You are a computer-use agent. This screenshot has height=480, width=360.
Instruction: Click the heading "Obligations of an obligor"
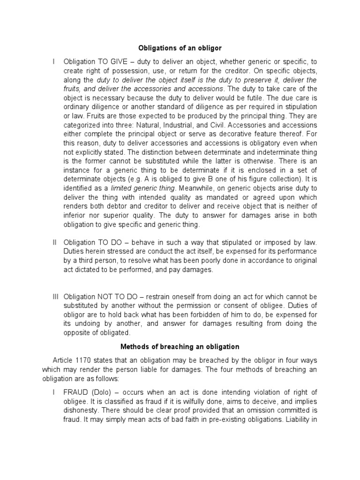[180, 48]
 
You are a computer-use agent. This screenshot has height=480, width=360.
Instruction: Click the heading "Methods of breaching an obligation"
[180, 347]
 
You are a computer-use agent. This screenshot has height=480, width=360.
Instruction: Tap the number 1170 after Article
[87, 360]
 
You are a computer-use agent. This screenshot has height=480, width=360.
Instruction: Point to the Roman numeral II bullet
[54, 242]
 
